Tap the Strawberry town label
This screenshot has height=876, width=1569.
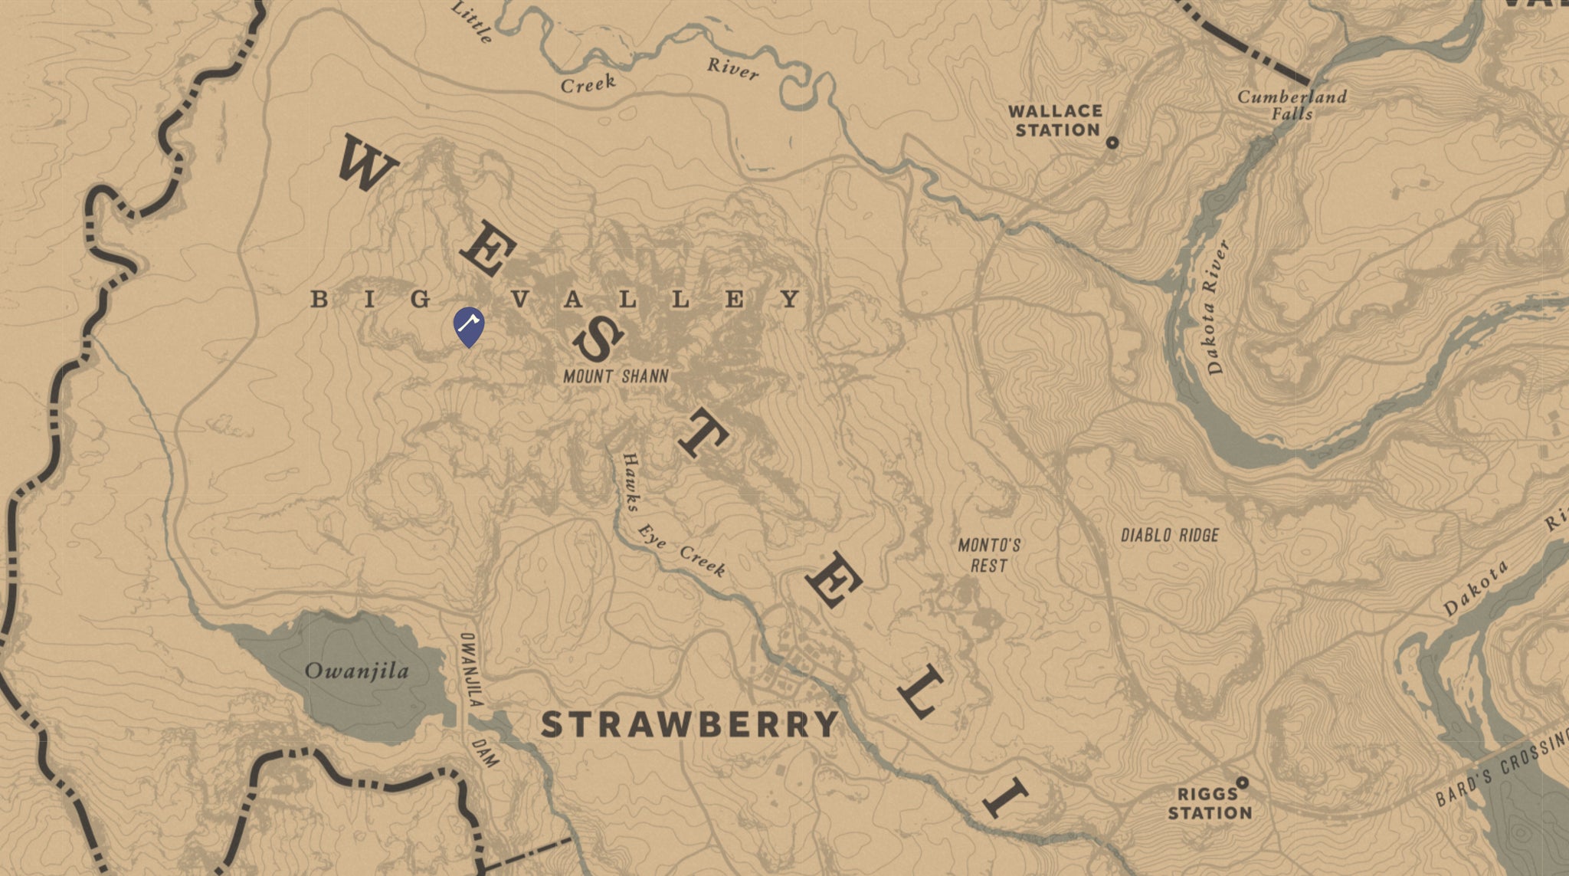click(x=690, y=724)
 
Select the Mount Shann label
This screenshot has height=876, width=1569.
click(x=616, y=376)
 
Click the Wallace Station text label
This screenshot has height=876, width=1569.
click(x=1056, y=121)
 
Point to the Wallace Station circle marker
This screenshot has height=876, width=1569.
click(x=1112, y=143)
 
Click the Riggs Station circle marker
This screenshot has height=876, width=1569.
click(x=1243, y=782)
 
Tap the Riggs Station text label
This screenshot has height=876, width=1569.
click(x=1209, y=803)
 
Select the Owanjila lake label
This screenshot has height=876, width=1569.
click(x=357, y=671)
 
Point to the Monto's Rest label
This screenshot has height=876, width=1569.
click(x=989, y=555)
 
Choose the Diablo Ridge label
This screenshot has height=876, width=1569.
click(x=1169, y=535)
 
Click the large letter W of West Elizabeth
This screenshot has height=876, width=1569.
click(x=366, y=162)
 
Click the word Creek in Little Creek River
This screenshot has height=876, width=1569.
click(x=588, y=84)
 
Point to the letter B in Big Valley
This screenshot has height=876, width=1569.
click(x=319, y=300)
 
